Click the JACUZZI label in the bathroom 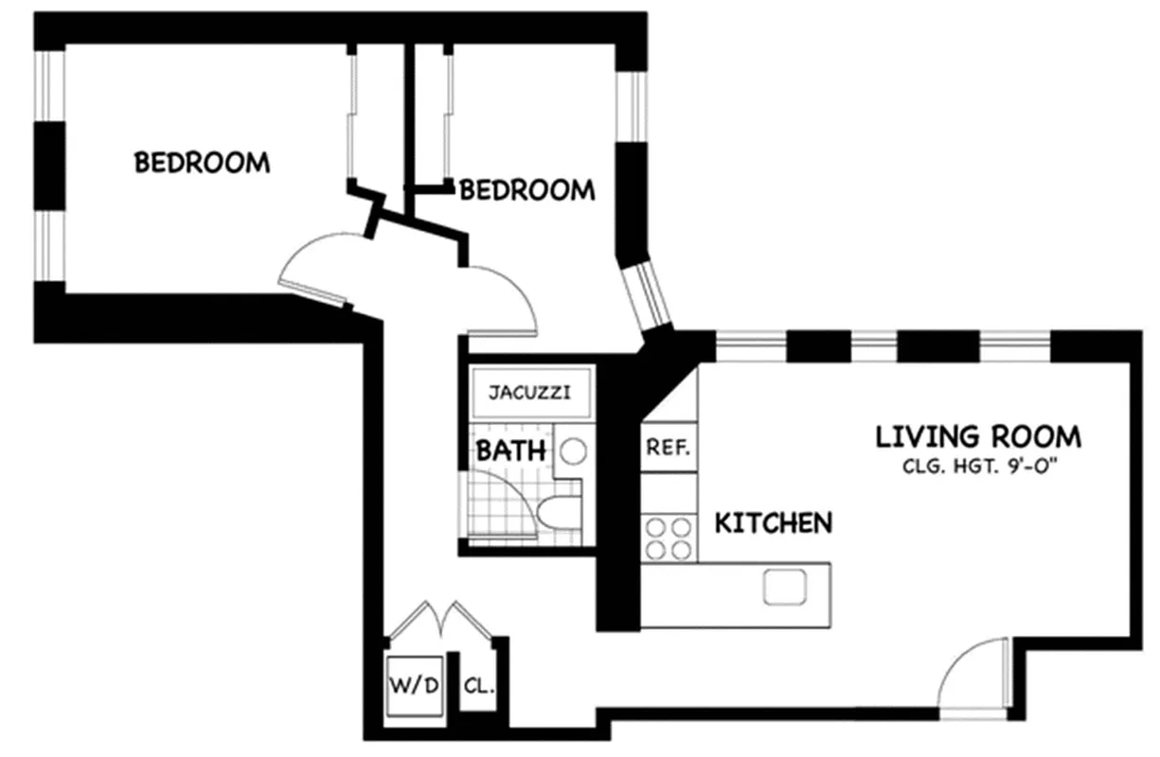point(529,392)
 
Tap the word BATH point(510,451)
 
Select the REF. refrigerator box point(669,447)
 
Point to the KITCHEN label point(773,522)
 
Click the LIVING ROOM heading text point(977,437)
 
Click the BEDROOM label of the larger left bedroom point(202,163)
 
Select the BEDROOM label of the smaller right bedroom point(527,190)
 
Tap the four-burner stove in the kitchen point(668,537)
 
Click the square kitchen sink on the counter point(783,588)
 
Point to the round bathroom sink point(572,451)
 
